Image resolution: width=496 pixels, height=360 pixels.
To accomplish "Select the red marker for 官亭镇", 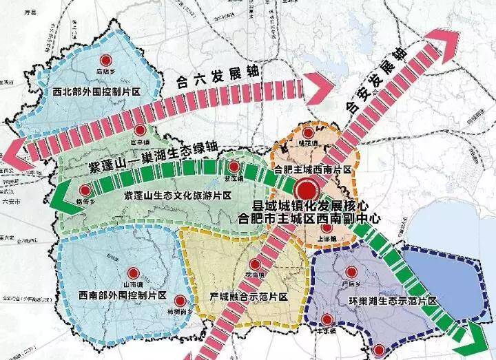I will point(140,130).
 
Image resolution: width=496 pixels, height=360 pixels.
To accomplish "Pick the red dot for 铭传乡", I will point(85,191).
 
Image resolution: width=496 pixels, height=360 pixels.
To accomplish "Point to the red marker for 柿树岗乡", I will point(180,300).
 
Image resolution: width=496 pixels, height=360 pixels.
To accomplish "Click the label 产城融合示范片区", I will point(248,297).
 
